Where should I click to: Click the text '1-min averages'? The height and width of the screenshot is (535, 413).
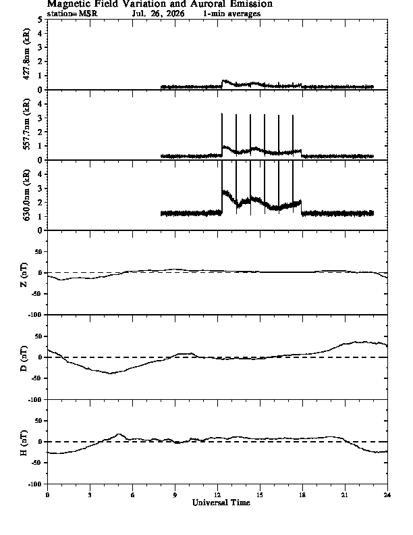[231, 14]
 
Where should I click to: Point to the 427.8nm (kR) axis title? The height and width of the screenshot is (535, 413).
[26, 54]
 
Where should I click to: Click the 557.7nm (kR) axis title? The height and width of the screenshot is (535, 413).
[26, 124]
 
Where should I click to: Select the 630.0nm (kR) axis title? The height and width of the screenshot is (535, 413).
[26, 195]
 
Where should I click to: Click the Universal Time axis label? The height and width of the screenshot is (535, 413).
[221, 503]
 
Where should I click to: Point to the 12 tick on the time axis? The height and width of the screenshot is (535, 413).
[217, 495]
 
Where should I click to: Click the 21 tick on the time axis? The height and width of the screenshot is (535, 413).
[345, 495]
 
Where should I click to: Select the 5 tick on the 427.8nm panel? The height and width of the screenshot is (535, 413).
[40, 20]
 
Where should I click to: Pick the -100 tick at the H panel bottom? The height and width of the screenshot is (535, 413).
[37, 484]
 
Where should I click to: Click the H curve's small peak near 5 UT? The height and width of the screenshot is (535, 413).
[119, 434]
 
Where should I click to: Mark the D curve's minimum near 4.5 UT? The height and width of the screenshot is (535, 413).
[110, 374]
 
